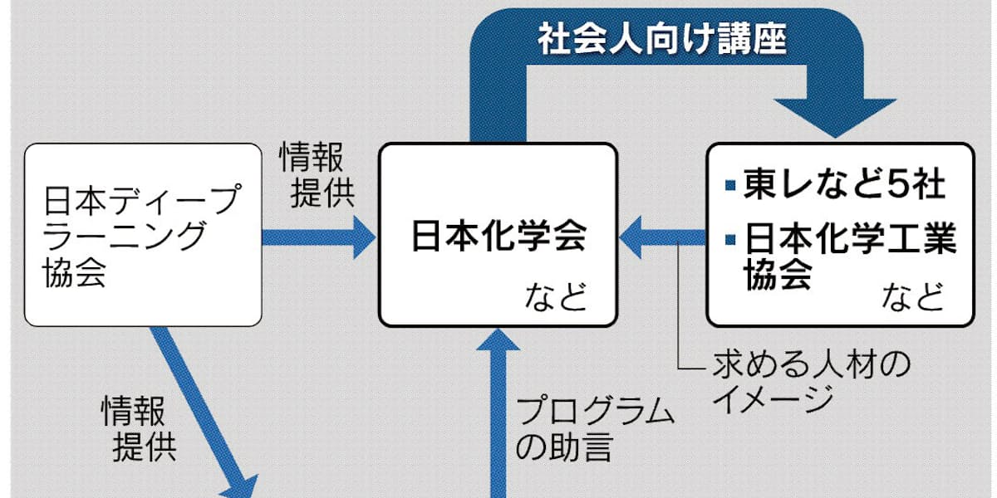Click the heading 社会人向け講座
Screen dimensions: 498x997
(661, 39)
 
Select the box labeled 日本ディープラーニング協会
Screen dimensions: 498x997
(144, 235)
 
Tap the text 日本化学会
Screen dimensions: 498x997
(498, 236)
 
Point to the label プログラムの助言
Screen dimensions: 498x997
(594, 429)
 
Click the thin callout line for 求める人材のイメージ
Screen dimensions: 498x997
(680, 332)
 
